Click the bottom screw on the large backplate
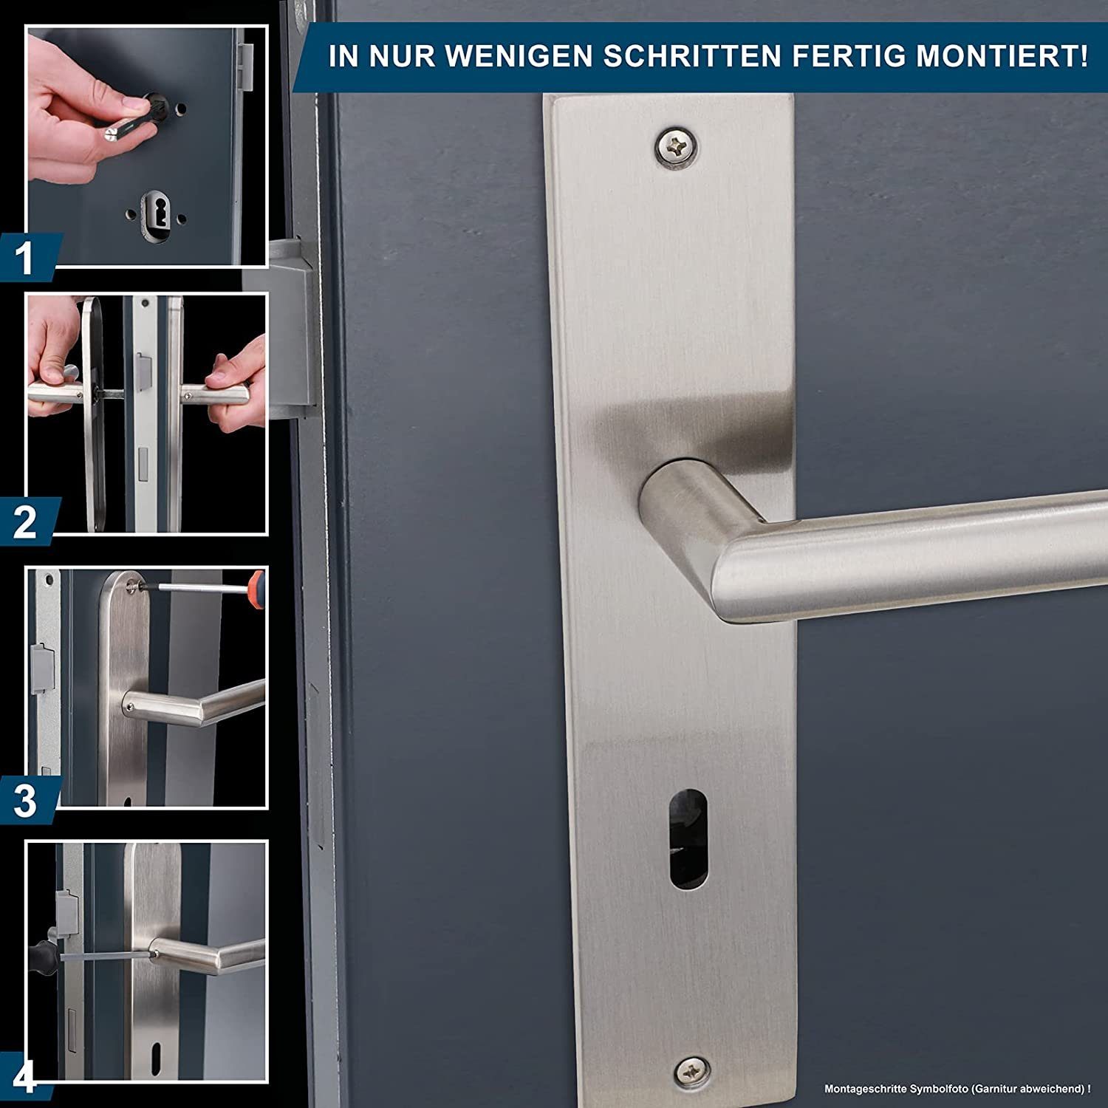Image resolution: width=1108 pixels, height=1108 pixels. point(692,1071)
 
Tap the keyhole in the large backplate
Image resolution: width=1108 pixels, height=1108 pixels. point(688,838)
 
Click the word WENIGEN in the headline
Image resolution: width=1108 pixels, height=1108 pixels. point(521,56)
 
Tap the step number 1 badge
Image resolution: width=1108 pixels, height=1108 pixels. point(26,258)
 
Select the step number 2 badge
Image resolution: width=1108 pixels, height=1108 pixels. point(26,522)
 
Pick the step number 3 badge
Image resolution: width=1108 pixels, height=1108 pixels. point(26,801)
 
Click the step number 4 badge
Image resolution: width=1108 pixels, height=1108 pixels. point(24,1078)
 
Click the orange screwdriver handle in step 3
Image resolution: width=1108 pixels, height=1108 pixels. point(256,589)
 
